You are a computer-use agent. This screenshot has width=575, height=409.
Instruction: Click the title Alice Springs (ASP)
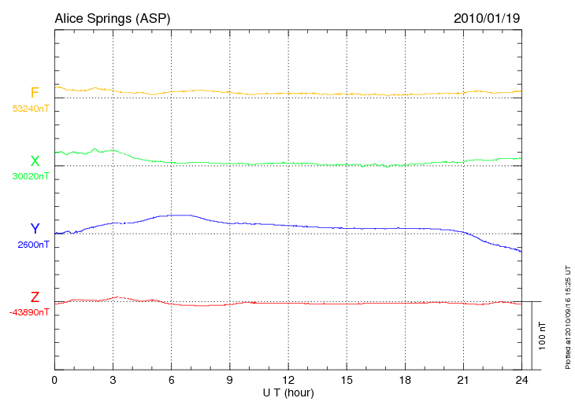112,17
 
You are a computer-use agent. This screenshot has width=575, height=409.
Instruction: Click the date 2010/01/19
487,17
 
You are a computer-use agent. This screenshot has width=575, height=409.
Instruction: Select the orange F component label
35,93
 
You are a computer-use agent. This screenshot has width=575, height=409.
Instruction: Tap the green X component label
35,161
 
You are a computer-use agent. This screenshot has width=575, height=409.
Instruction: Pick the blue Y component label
35,229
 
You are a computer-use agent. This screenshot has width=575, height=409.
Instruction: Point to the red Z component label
35,297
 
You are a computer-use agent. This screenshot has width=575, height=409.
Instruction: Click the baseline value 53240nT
30,109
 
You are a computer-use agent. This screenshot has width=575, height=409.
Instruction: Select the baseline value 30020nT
30,177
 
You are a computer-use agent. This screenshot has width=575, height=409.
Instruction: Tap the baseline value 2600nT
33,245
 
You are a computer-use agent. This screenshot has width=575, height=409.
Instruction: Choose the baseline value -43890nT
30,312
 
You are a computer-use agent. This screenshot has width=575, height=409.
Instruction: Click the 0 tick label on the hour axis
54,381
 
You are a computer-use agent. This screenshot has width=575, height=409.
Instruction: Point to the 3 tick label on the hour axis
113,381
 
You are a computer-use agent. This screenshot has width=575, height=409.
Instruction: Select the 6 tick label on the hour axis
171,381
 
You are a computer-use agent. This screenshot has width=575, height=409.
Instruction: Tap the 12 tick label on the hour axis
287,381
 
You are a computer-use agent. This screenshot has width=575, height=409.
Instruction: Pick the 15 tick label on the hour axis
346,381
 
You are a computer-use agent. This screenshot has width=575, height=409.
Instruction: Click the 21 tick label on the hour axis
462,381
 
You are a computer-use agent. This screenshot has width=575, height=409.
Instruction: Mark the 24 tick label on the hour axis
521,381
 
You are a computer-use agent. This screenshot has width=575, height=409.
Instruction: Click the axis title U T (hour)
287,392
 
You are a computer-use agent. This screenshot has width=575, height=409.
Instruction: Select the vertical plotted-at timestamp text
567,315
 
